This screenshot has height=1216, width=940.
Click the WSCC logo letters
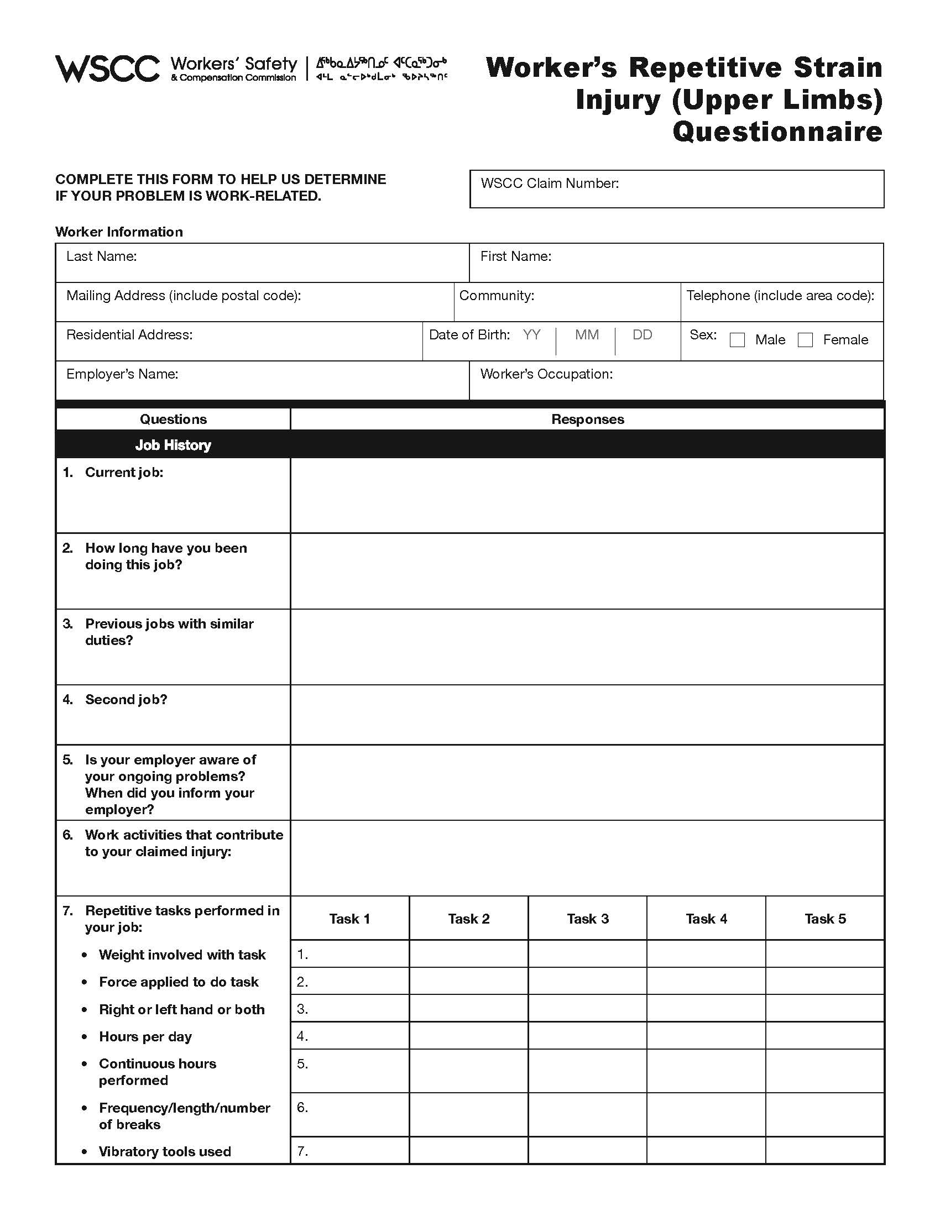click(107, 69)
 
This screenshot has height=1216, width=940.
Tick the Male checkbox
click(737, 339)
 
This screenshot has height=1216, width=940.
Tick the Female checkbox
click(805, 339)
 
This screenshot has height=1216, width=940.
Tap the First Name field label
click(516, 256)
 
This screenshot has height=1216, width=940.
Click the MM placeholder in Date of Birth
click(587, 334)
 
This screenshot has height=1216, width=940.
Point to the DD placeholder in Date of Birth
click(642, 334)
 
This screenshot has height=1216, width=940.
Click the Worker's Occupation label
click(546, 374)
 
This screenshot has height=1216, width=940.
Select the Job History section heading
click(173, 445)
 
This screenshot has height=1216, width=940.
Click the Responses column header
click(587, 420)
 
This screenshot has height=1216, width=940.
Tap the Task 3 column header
click(587, 919)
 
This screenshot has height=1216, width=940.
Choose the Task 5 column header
click(825, 919)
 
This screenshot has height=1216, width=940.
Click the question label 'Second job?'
click(126, 699)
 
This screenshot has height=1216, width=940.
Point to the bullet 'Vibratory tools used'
click(164, 1151)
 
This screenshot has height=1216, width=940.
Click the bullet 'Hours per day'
click(145, 1036)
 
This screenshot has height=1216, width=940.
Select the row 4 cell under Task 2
click(468, 1036)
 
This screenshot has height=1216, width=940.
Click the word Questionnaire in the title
click(777, 132)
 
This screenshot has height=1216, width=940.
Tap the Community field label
click(496, 295)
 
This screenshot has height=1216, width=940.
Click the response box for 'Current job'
click(587, 495)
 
